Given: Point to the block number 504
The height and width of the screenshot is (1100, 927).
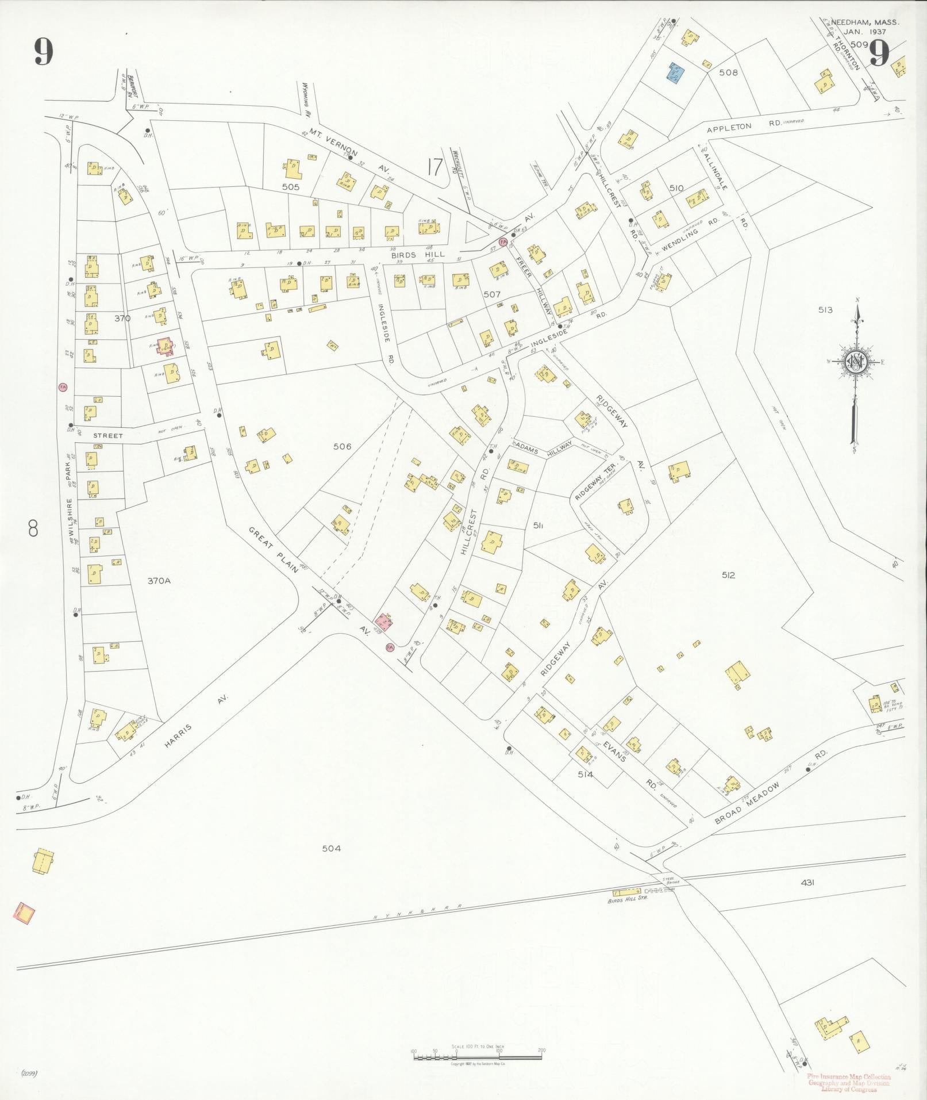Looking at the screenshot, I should (332, 848).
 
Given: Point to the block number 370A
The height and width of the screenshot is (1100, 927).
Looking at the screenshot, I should (159, 581).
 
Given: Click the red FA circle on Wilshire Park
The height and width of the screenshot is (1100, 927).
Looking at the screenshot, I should (63, 387).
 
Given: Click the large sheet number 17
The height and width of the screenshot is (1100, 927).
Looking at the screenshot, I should (435, 167).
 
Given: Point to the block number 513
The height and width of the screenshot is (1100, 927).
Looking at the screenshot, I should (826, 310).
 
